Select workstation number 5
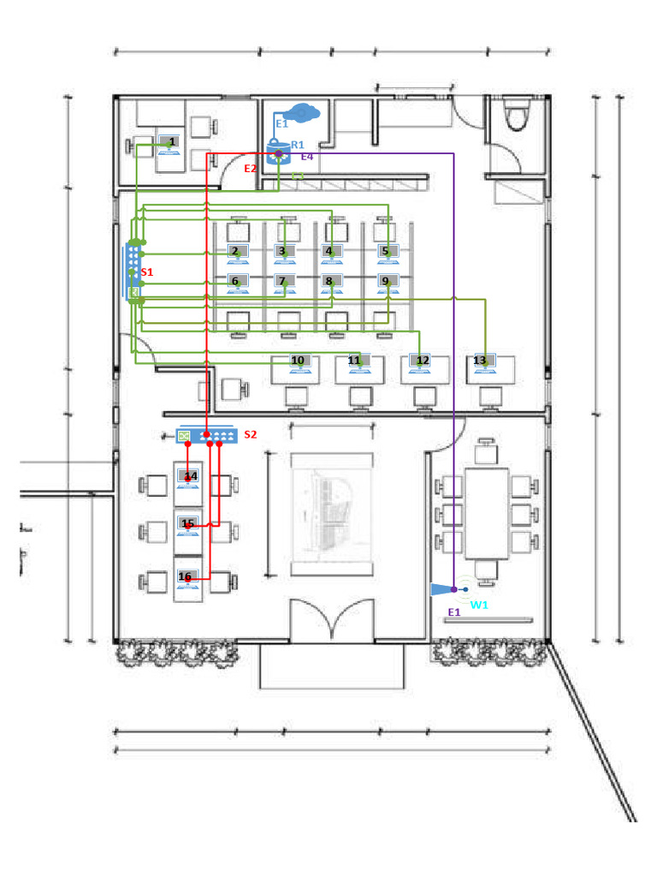click(388, 253)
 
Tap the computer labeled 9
click(388, 282)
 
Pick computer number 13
click(483, 362)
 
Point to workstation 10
click(299, 363)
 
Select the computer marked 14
click(188, 478)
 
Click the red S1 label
click(146, 271)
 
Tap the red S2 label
click(250, 435)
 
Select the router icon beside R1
click(278, 153)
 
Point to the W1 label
click(479, 605)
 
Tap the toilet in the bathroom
click(517, 116)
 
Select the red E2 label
click(250, 169)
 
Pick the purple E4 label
click(306, 158)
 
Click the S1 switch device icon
click(133, 271)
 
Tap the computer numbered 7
click(283, 282)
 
